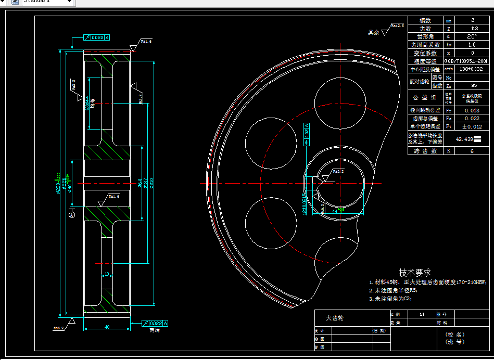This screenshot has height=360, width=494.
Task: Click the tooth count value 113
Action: click(473, 29)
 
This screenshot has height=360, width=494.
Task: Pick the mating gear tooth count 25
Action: click(473, 85)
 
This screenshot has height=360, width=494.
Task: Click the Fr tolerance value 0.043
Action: click(472, 110)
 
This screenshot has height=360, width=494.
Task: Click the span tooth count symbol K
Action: click(448, 151)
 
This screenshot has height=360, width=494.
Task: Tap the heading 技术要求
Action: click(414, 272)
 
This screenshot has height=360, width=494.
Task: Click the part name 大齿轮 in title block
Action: click(335, 318)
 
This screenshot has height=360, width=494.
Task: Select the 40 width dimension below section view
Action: click(107, 327)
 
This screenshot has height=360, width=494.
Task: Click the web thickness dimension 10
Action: click(107, 274)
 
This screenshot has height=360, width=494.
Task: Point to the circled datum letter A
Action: click(72, 214)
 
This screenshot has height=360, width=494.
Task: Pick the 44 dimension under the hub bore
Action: click(334, 211)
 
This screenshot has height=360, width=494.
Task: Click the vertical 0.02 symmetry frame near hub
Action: click(307, 133)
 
